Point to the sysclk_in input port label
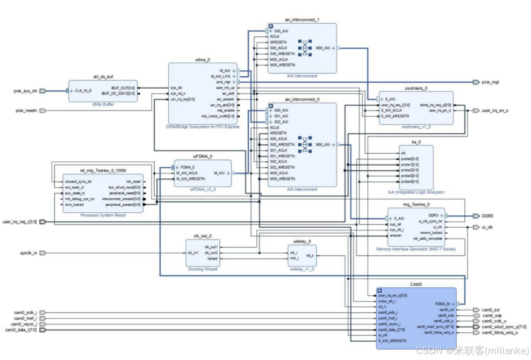(x=25, y=253)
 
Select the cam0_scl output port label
(x=491, y=310)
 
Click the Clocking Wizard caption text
(x=203, y=269)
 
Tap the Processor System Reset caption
(x=103, y=215)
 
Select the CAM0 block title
(x=415, y=284)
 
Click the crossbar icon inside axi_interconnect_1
(x=305, y=48)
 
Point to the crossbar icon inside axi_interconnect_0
(x=305, y=145)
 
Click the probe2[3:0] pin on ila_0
(x=410, y=170)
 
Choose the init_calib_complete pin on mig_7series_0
(x=427, y=238)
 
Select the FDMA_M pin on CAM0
(x=441, y=304)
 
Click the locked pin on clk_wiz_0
(x=212, y=258)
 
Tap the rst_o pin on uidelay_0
(x=310, y=255)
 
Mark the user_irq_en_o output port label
(x=495, y=111)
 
